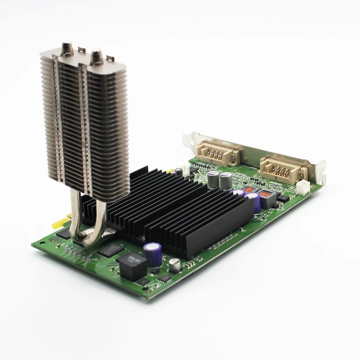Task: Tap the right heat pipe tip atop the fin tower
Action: click(97, 55)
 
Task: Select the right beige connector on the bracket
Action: click(283, 168)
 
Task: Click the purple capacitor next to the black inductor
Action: click(152, 254)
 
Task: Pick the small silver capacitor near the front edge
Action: click(175, 264)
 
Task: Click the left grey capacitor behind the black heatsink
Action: click(213, 179)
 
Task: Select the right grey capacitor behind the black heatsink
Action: click(226, 181)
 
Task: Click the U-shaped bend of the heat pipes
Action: click(90, 239)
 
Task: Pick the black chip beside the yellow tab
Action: click(62, 232)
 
